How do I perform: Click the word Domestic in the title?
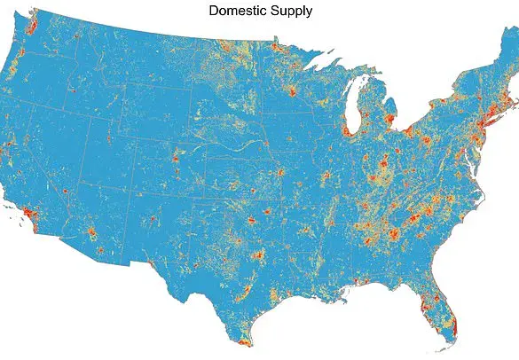pyautogui.click(x=236, y=11)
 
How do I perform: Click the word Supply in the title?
pyautogui.click(x=291, y=12)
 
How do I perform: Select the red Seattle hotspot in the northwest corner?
pyautogui.click(x=33, y=27)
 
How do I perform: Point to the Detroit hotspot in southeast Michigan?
pyautogui.click(x=390, y=119)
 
